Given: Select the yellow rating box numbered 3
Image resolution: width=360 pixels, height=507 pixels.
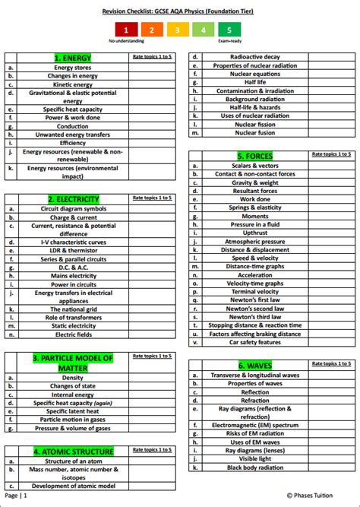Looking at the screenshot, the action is point(178,30).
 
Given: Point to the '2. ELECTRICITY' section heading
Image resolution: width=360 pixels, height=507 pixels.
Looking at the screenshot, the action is point(73,199).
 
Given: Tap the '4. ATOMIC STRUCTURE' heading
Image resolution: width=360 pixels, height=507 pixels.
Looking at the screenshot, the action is point(73,452).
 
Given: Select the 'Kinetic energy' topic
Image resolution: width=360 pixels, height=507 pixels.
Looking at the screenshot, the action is point(73,84).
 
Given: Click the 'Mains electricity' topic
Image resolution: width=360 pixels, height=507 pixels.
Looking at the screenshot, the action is point(73,276).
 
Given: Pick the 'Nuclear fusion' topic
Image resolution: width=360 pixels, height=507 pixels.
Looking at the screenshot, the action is point(254,132).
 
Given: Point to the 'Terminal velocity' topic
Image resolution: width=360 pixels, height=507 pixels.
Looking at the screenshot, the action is point(254,292).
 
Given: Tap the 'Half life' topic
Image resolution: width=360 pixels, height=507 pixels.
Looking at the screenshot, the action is point(254,82).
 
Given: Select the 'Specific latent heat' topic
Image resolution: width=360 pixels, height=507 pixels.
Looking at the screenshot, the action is point(73,411).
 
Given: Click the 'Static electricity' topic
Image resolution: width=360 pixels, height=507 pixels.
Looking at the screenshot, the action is point(73,325).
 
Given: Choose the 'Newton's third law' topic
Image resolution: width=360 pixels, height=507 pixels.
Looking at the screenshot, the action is point(254,317).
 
